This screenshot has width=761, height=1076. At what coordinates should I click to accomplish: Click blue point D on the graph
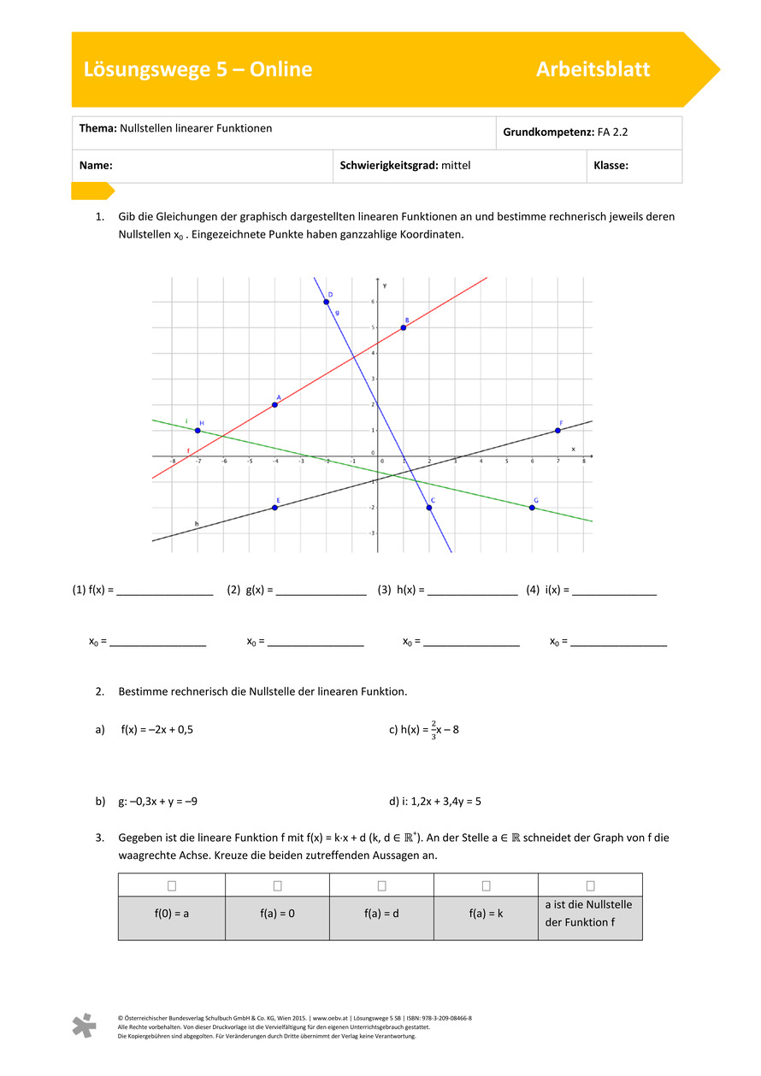click(326, 302)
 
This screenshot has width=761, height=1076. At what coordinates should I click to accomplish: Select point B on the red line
click(403, 327)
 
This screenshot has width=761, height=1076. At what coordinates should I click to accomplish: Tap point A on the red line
click(274, 404)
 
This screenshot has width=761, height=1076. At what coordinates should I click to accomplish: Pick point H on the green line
click(198, 430)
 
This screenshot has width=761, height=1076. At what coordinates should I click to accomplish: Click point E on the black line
click(274, 508)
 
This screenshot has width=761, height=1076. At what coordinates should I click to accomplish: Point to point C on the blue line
click(429, 508)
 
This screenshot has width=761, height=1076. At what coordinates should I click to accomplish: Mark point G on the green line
click(532, 508)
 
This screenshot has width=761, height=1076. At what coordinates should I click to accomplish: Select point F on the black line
click(557, 430)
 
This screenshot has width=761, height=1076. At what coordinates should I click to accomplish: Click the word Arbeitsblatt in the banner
click(593, 69)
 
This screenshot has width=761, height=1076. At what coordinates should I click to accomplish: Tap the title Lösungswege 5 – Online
click(198, 69)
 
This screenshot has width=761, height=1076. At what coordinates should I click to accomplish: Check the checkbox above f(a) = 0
click(277, 885)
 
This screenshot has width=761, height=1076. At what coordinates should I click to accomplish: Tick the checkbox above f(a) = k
click(486, 885)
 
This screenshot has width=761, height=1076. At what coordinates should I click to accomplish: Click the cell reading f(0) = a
click(171, 913)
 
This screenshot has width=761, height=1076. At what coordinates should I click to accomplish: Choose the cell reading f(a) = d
click(381, 913)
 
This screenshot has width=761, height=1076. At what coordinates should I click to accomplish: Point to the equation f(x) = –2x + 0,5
click(156, 729)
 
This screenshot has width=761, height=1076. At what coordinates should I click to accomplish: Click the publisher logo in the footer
click(84, 1026)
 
